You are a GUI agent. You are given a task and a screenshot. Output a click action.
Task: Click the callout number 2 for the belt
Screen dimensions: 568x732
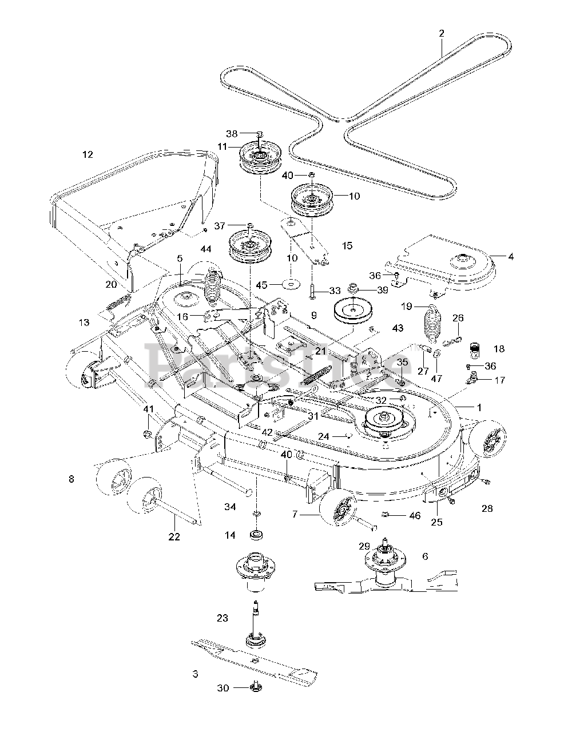pos(442,33)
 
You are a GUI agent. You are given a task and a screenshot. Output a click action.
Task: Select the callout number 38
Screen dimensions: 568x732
pos(232,134)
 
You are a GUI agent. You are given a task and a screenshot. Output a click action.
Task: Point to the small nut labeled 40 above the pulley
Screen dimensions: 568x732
pos(312,175)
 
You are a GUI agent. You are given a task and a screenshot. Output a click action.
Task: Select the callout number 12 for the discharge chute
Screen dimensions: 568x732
pos(88,154)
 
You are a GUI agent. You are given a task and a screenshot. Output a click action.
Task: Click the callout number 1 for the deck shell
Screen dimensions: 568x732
pos(479,408)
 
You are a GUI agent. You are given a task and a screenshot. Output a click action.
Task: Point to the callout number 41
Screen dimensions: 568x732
pos(149,409)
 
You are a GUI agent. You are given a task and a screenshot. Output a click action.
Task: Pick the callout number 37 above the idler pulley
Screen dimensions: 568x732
pos(220,226)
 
